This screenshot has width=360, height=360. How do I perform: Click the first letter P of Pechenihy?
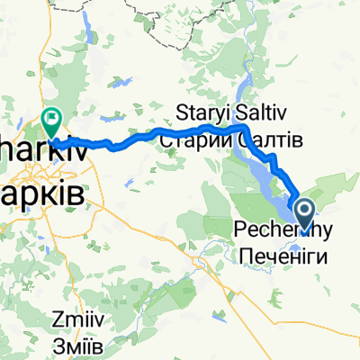pos(241,230)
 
